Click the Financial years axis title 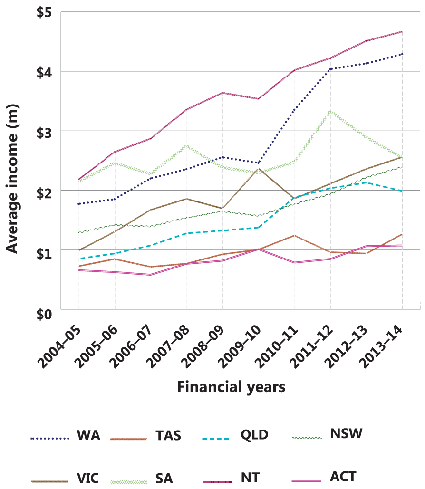pyautogui.click(x=231, y=387)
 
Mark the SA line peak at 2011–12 pyautogui.click(x=330, y=112)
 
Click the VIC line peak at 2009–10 pyautogui.click(x=259, y=169)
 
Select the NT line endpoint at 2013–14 pyautogui.click(x=403, y=32)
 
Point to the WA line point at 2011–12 pyautogui.click(x=330, y=69)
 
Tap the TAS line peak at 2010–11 pyautogui.click(x=295, y=235)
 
